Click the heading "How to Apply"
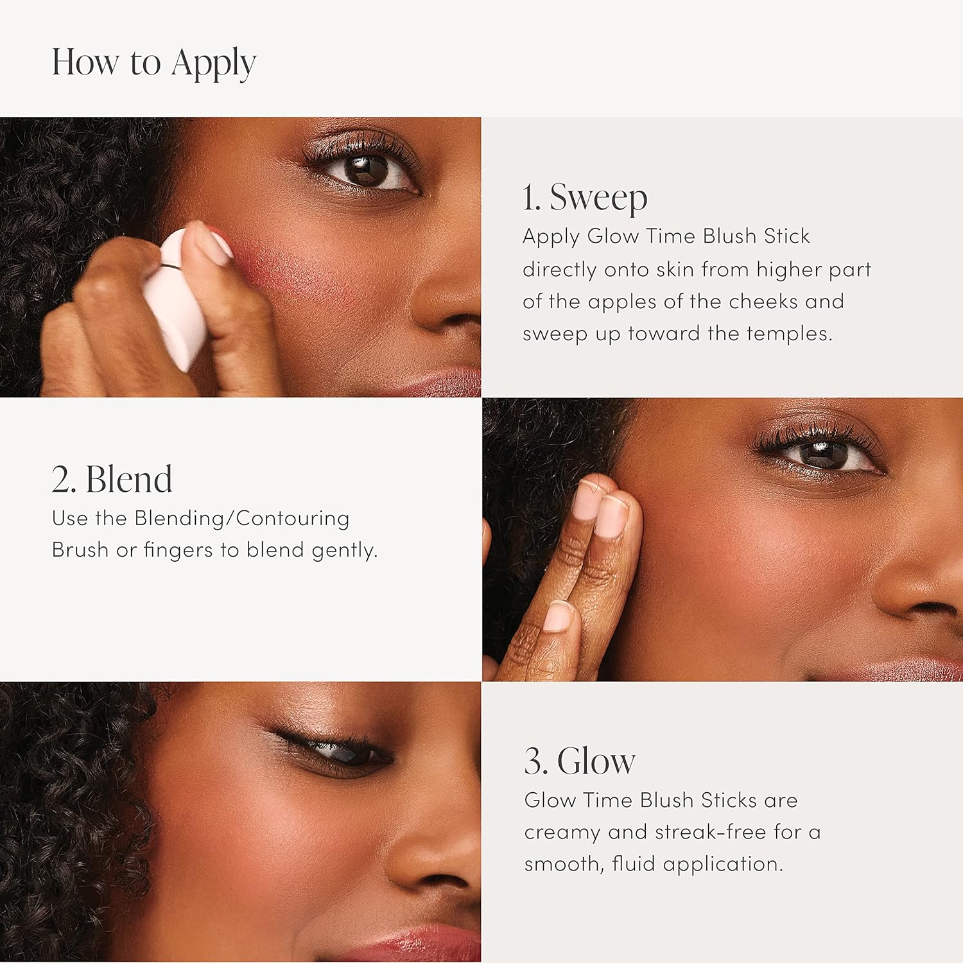click(x=153, y=63)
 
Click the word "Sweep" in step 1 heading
click(x=598, y=197)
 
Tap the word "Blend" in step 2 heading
click(x=128, y=480)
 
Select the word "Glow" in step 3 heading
click(x=596, y=761)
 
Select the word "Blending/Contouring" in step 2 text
click(x=241, y=518)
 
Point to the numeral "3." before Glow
click(x=536, y=761)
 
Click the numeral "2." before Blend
click(x=64, y=480)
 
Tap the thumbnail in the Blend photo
click(x=557, y=616)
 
